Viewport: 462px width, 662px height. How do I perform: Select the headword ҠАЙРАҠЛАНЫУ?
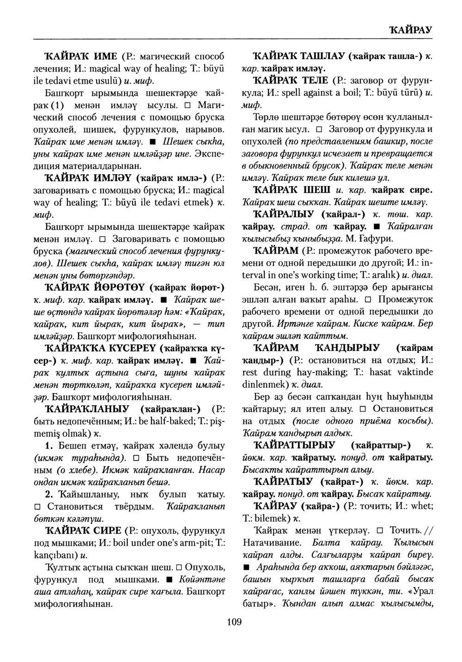click(92, 409)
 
